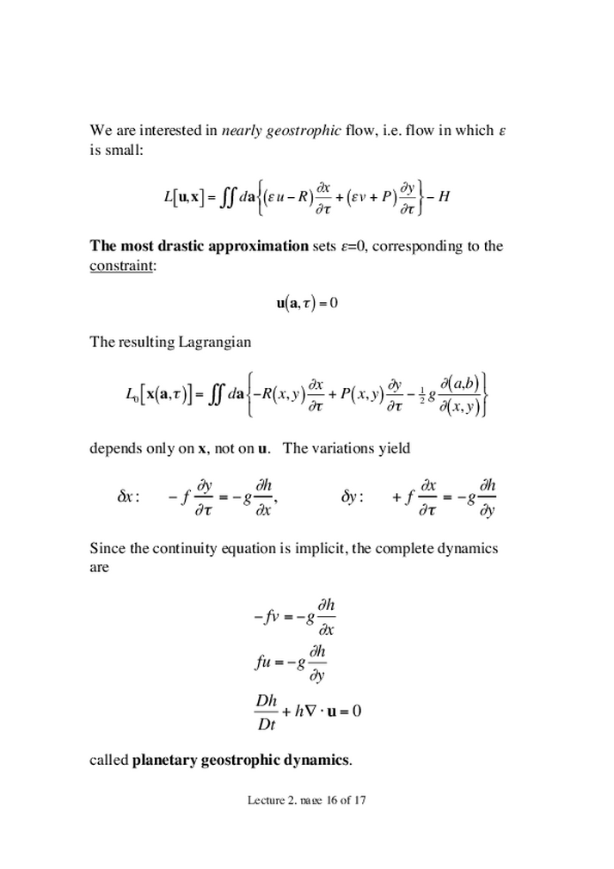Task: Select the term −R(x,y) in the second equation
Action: pos(279,394)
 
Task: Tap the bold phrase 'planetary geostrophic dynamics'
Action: pos(241,760)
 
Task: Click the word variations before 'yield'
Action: pos(348,447)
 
